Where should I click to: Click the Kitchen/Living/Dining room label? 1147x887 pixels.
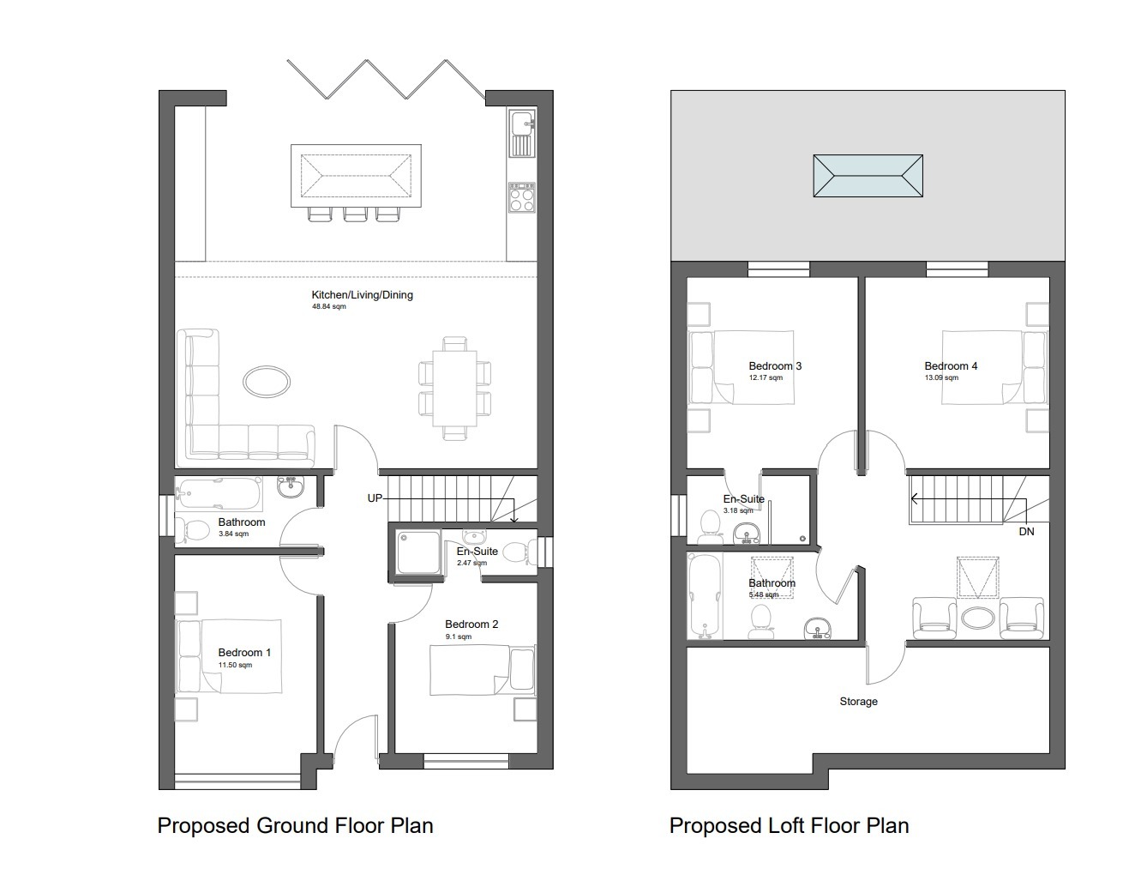pyautogui.click(x=362, y=294)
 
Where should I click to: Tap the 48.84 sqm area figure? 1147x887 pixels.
pyautogui.click(x=329, y=306)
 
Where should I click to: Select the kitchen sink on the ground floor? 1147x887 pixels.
pyautogui.click(x=522, y=134)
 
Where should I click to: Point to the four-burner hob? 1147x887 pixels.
pyautogui.click(x=521, y=197)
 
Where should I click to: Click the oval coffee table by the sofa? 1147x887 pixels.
pyautogui.click(x=266, y=381)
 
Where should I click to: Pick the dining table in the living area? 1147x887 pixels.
pyautogui.click(x=454, y=388)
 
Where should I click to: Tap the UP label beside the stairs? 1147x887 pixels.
pyautogui.click(x=375, y=498)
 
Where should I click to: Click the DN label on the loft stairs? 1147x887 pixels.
pyautogui.click(x=1026, y=532)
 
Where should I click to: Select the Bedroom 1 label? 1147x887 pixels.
pyautogui.click(x=244, y=653)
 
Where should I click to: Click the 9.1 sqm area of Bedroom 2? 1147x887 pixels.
pyautogui.click(x=458, y=637)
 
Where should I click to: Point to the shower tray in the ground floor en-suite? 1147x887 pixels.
pyautogui.click(x=418, y=552)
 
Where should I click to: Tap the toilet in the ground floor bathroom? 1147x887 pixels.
pyautogui.click(x=191, y=529)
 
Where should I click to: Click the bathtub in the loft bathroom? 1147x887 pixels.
pyautogui.click(x=704, y=595)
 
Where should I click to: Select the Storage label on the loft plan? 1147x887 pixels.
pyautogui.click(x=858, y=701)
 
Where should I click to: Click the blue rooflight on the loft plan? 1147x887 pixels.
pyautogui.click(x=868, y=176)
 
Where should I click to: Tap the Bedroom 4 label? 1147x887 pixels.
pyautogui.click(x=951, y=366)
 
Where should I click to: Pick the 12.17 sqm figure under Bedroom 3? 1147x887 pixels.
pyautogui.click(x=766, y=377)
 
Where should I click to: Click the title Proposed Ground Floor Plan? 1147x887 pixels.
pyautogui.click(x=295, y=825)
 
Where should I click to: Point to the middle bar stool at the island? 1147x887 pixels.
pyautogui.click(x=355, y=214)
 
